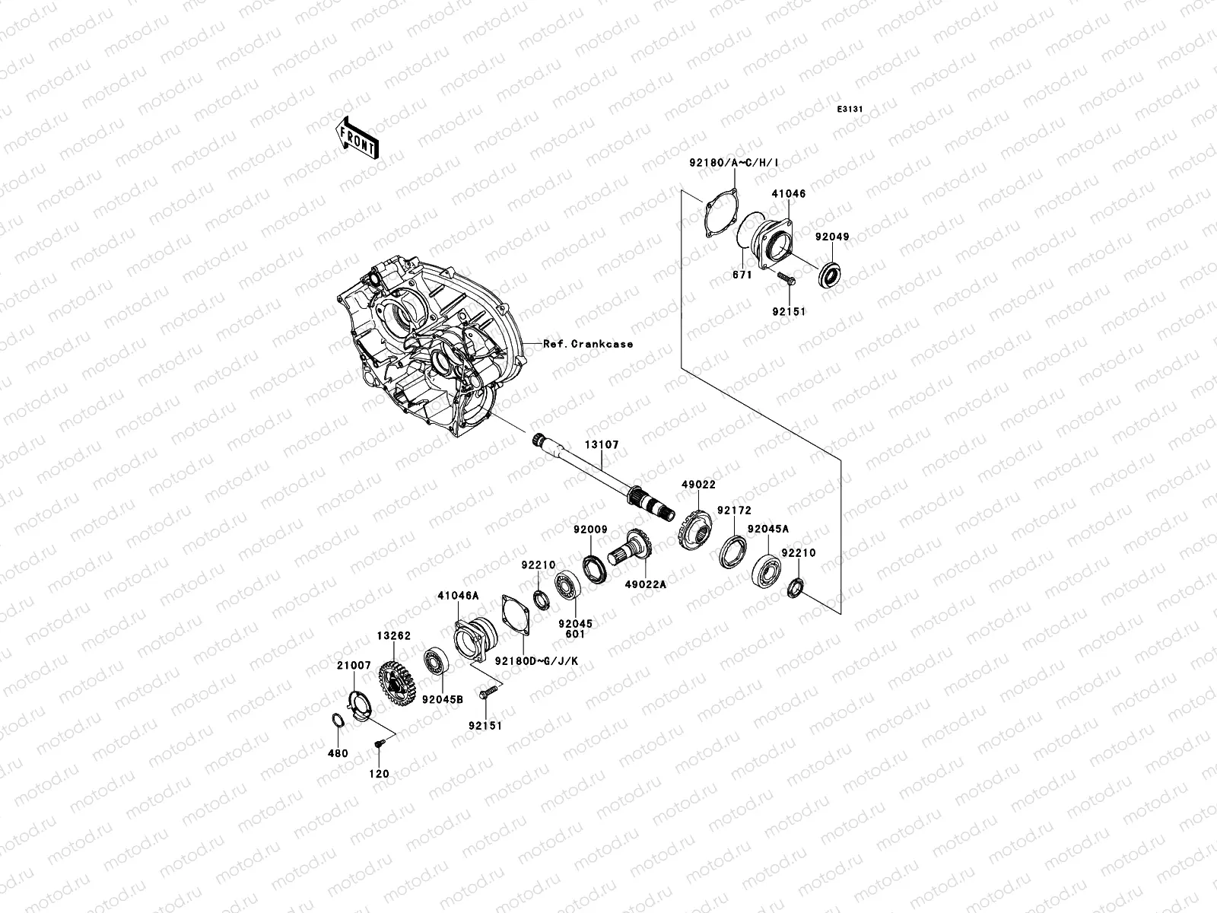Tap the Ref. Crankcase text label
tap(587, 344)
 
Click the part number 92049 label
tap(832, 237)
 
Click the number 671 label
tap(742, 275)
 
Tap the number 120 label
tap(379, 774)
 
